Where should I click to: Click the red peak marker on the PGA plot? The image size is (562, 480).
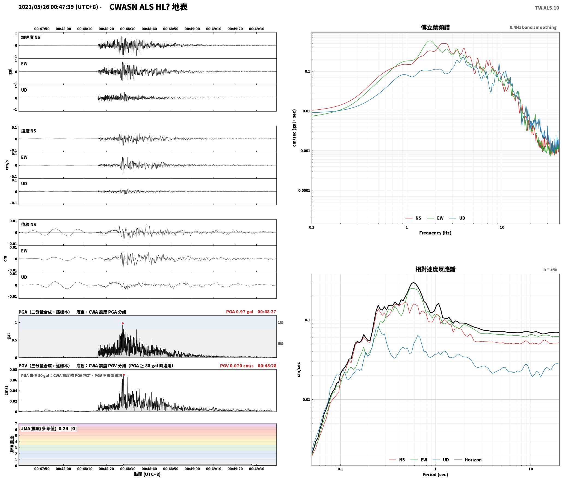pos(123,323)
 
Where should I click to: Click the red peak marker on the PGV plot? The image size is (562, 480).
pos(124,375)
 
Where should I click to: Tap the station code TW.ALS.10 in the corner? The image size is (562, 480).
pos(547,8)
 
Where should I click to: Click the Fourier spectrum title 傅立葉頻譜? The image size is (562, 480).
pos(435,28)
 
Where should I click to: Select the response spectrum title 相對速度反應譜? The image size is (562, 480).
pos(435,269)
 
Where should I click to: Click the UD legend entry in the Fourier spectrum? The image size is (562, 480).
pos(457,218)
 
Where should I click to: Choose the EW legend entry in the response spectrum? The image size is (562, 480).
pos(419,460)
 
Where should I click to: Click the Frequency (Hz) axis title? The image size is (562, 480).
pos(435,233)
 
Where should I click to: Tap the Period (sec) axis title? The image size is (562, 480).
pos(435,475)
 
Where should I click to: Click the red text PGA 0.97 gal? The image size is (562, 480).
pos(240,312)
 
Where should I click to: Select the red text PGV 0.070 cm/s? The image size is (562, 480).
pos(237,366)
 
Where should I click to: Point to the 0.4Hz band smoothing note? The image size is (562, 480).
pos(533,28)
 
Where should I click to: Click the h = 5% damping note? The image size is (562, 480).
pos(550,269)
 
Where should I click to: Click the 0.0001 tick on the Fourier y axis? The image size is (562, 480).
pos(304,190)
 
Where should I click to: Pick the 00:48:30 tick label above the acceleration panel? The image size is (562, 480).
pos(128,29)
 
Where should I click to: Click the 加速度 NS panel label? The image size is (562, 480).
pos(31,37)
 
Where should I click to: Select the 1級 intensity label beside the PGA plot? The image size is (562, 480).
pos(281,322)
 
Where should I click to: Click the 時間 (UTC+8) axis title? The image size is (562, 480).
pos(147,474)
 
